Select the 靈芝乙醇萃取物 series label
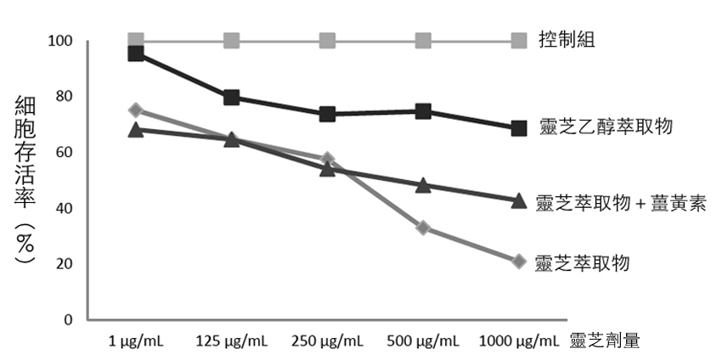606,127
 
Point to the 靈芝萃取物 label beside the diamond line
583,262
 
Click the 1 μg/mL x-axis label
136,341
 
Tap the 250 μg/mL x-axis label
327,341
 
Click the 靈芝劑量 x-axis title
605,340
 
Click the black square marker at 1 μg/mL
136,53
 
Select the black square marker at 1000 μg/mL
519,128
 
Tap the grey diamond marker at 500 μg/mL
423,228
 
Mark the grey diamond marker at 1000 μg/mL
519,261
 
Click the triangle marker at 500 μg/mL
423,184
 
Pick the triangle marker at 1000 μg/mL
519,200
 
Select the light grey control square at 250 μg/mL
327,41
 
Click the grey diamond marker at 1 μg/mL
136,110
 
